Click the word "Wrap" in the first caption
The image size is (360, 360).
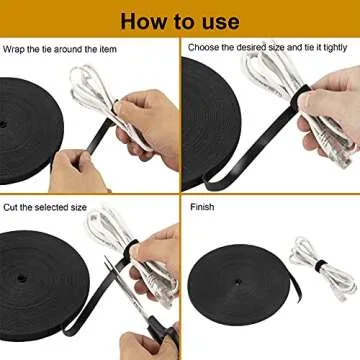[x=14, y=50]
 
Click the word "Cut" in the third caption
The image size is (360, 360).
[x=10, y=207]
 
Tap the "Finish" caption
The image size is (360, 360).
[x=202, y=207]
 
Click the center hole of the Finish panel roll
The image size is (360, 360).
[x=237, y=282]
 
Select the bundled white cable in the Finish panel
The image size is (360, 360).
[x=323, y=268]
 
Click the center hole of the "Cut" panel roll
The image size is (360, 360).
[x=21, y=277]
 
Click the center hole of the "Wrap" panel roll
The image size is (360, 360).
[x=3, y=125]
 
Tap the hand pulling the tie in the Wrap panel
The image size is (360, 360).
[x=78, y=172]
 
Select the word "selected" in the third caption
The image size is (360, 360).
[x=50, y=207]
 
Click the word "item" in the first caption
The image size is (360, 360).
[x=108, y=50]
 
